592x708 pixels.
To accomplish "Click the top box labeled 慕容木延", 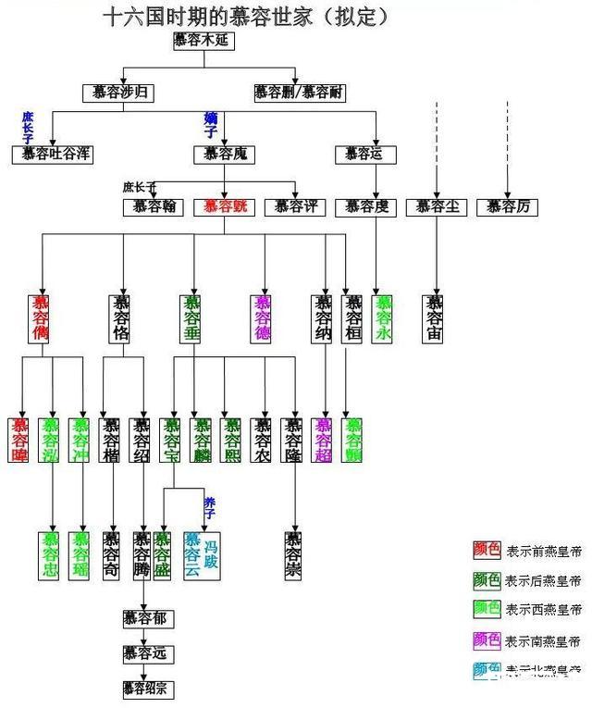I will point(202,40).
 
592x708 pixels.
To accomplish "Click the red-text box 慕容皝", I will point(224,206).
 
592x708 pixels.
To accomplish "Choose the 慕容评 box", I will point(294,206).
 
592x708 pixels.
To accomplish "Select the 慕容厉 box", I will point(507,206).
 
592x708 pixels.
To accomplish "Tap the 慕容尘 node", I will point(437,206).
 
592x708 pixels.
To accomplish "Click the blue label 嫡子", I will point(210,124).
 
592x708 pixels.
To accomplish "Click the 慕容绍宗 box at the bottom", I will point(147,689).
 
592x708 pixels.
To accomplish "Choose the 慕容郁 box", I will point(144,617).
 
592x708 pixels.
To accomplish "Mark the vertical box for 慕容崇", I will point(294,554).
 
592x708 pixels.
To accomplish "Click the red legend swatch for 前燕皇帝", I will point(487,551).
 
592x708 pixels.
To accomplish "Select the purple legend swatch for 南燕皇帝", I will point(487,640).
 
